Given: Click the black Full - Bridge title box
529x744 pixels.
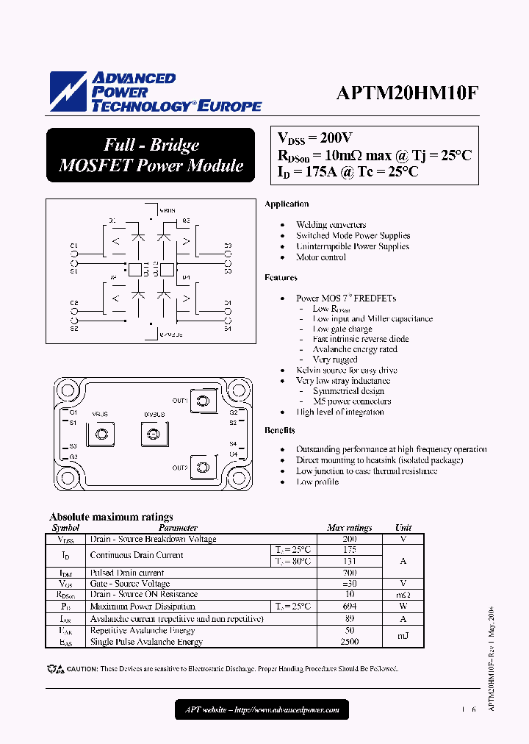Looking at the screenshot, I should [151, 155].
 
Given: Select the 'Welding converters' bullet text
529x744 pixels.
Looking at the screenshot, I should [331, 225].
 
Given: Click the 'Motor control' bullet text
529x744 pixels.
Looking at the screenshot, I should [321, 257].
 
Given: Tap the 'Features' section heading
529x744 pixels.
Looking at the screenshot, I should [281, 278].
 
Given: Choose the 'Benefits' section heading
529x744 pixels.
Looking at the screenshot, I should [280, 430].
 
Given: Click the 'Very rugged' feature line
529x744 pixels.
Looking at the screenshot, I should [335, 360].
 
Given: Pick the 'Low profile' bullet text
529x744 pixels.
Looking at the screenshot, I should [317, 482].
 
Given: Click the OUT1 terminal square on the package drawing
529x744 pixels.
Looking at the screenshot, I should [203, 401].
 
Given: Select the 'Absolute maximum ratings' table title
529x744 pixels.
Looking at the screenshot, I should [111, 517].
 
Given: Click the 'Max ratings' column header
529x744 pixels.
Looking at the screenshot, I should [349, 528].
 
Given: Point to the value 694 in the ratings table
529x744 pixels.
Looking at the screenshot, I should [349, 607].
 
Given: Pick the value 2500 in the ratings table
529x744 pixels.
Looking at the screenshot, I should [349, 642].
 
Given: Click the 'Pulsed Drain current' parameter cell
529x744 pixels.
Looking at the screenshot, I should [127, 573].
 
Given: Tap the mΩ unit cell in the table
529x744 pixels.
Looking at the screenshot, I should [403, 594].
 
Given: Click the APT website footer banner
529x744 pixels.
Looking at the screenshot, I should [262, 709].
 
